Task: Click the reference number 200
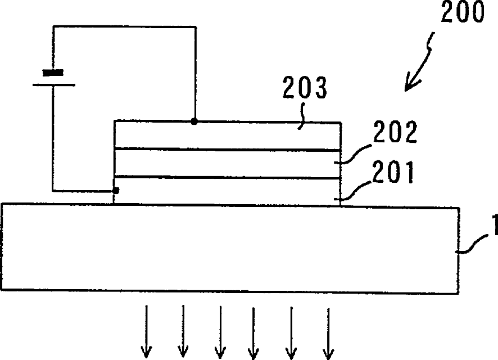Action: point(461,14)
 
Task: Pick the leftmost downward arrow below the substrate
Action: point(147,332)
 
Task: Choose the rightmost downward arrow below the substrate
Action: point(327,332)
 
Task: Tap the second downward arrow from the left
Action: point(183,332)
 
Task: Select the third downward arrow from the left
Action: point(220,332)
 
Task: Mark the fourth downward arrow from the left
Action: point(253,332)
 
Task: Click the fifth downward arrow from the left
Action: point(291,332)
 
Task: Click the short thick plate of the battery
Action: point(53,72)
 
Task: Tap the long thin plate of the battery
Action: point(53,85)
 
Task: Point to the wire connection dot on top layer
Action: point(194,121)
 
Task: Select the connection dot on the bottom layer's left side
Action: point(116,191)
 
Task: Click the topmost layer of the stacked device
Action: point(228,135)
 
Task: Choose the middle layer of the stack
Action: point(228,163)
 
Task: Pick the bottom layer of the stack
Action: point(228,190)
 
